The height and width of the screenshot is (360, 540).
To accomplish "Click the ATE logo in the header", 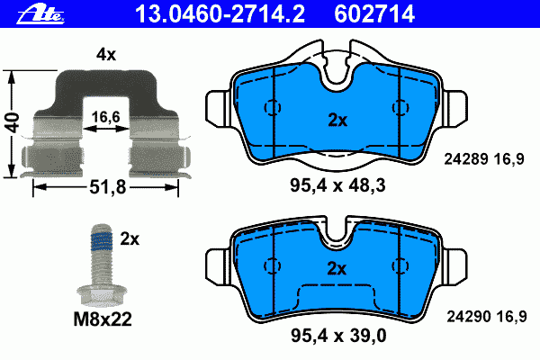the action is point(40,15).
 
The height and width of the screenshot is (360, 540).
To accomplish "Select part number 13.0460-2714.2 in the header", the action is point(220,14).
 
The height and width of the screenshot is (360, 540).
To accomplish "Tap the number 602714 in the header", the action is point(374,14).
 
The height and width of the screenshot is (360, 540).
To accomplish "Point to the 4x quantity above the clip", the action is point(106,54).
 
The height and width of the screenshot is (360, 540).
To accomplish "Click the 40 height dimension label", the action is point(13,122).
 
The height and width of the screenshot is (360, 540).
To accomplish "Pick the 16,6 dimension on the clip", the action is point(105,117).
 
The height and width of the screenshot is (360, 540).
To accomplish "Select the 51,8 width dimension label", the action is point(108,187).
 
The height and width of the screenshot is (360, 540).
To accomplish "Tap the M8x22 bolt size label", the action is point(103,319).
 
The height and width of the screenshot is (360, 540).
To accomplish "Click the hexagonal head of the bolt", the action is point(102,295).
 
